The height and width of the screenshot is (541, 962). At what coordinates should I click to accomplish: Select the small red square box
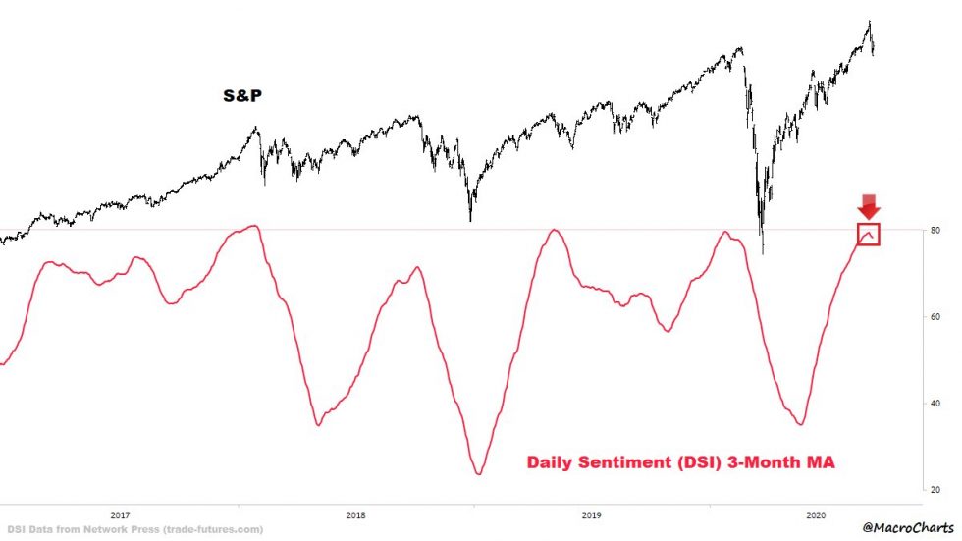(868, 234)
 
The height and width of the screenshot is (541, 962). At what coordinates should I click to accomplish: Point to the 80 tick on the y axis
(935, 231)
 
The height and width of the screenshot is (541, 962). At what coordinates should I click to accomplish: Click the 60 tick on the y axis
(935, 317)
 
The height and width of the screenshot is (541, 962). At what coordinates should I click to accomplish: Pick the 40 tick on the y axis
(935, 404)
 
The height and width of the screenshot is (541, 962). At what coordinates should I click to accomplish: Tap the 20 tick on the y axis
(935, 489)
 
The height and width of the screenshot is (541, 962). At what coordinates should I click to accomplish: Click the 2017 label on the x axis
(120, 514)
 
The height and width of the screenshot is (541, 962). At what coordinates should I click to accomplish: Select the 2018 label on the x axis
(355, 514)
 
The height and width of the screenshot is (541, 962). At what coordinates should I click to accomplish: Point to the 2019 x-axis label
(591, 514)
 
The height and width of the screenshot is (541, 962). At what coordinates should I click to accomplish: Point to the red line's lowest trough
(478, 474)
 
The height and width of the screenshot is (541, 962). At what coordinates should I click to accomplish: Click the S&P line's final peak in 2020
(869, 22)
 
